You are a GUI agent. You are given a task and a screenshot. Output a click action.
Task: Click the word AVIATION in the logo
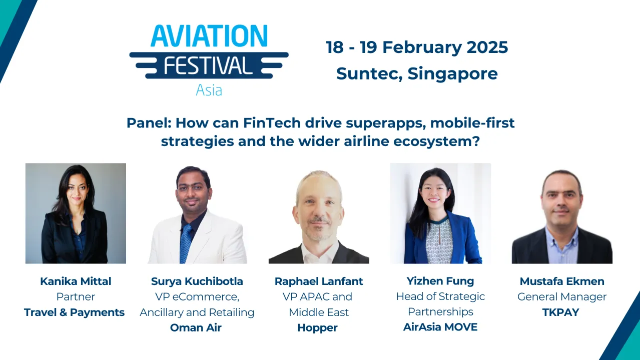pos(209,36)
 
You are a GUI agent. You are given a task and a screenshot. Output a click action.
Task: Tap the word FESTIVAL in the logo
pos(209,65)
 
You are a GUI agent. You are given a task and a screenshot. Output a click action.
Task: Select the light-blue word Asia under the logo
pos(209,90)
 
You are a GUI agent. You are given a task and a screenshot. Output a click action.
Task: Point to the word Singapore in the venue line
pos(453,73)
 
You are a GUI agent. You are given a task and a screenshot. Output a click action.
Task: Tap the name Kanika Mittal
pos(76,281)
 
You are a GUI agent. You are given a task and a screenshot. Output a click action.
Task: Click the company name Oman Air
pos(196,328)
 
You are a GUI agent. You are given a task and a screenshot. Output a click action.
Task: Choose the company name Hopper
pos(317,328)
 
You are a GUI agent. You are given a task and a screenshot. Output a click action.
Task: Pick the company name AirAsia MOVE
pos(440,327)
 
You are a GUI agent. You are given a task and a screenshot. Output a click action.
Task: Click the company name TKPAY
pos(560,312)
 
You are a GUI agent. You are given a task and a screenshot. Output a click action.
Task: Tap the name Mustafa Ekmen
pos(562,281)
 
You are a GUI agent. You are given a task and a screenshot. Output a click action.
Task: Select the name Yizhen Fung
pos(440,281)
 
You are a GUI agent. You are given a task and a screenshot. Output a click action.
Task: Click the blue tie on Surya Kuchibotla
pos(186,242)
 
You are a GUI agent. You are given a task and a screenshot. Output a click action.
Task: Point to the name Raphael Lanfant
pos(319,281)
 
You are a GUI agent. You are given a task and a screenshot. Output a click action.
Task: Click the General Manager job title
pos(561,297)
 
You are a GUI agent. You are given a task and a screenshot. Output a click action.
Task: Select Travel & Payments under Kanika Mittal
pos(74,312)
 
